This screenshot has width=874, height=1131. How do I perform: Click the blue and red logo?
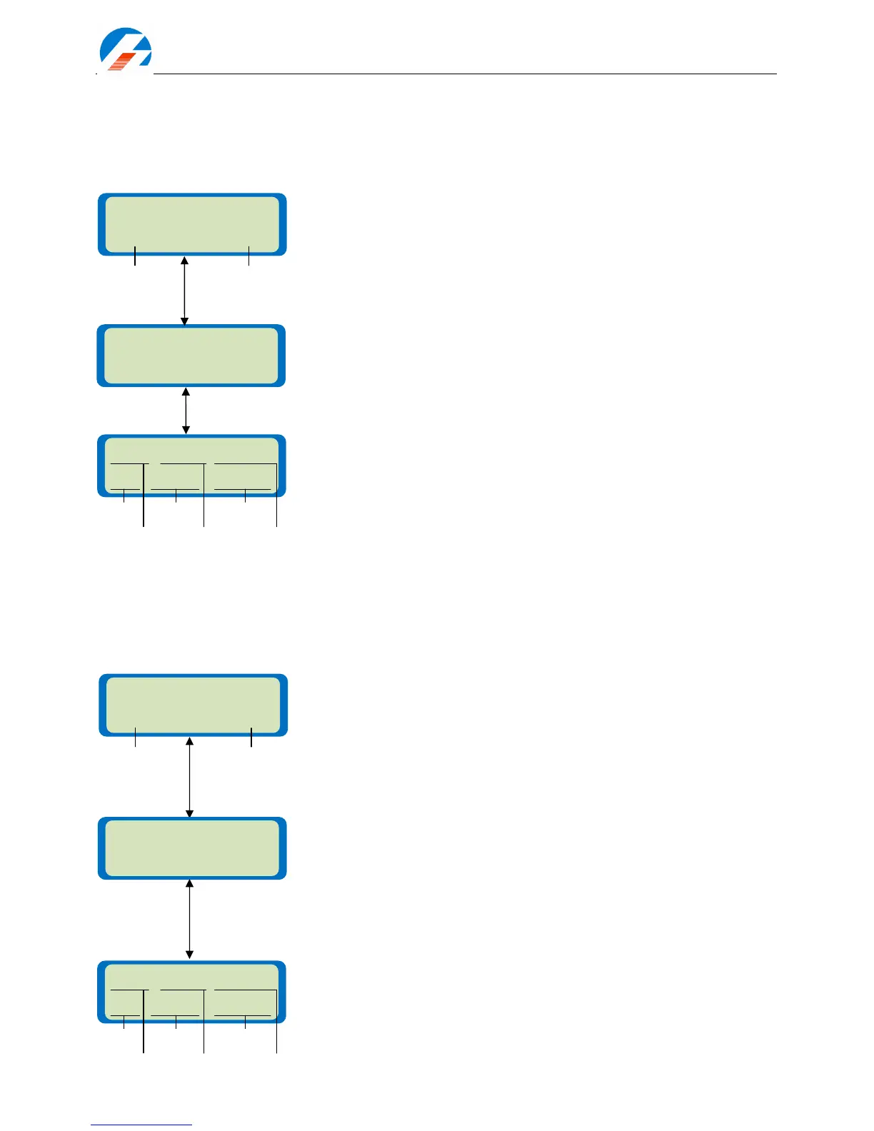(125, 50)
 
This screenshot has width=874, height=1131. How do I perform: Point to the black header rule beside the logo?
(464, 74)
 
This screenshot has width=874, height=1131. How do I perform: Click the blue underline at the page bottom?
(141, 1125)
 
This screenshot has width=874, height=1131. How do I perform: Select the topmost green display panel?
(192, 223)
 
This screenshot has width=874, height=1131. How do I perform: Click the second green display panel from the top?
(191, 356)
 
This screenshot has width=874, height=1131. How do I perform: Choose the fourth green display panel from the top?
(193, 704)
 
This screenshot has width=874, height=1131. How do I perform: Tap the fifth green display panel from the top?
(192, 848)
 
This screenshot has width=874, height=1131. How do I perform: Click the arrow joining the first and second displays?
(184, 291)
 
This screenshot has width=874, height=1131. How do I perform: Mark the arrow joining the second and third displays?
(186, 411)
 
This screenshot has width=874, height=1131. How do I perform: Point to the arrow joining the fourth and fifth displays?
(189, 777)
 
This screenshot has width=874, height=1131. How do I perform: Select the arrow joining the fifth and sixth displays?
(189, 919)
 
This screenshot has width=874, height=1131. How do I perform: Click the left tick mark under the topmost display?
(135, 256)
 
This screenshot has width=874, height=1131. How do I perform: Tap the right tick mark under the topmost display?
(248, 256)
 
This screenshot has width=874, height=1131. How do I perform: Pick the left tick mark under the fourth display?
(135, 737)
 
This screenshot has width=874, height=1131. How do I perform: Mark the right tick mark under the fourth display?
(251, 737)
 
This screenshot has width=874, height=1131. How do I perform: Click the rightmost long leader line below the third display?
(276, 511)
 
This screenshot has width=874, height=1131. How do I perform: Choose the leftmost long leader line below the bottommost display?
(144, 1035)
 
